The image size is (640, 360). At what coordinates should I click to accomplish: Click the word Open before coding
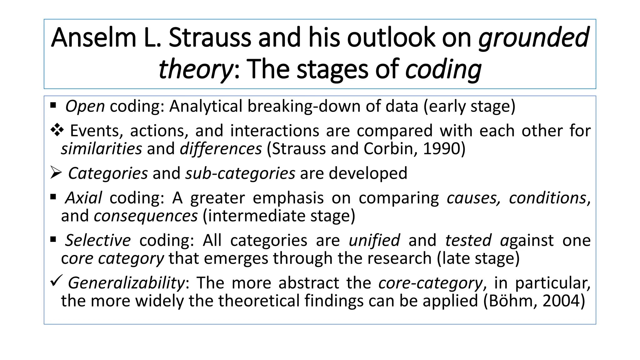(85, 106)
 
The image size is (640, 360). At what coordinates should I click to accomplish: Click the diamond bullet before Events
(57, 130)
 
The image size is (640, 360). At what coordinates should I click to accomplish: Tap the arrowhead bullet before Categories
(56, 173)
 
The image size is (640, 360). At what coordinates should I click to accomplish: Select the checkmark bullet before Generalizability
(56, 280)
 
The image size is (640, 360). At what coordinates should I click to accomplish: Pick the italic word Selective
(98, 240)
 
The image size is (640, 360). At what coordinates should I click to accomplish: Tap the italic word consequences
(146, 216)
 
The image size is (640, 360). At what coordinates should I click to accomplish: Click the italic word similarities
(101, 149)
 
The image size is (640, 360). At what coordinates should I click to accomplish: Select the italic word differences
(221, 149)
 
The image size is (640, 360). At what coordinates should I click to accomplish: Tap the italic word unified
(374, 240)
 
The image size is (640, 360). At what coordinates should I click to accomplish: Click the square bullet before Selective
(53, 240)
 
